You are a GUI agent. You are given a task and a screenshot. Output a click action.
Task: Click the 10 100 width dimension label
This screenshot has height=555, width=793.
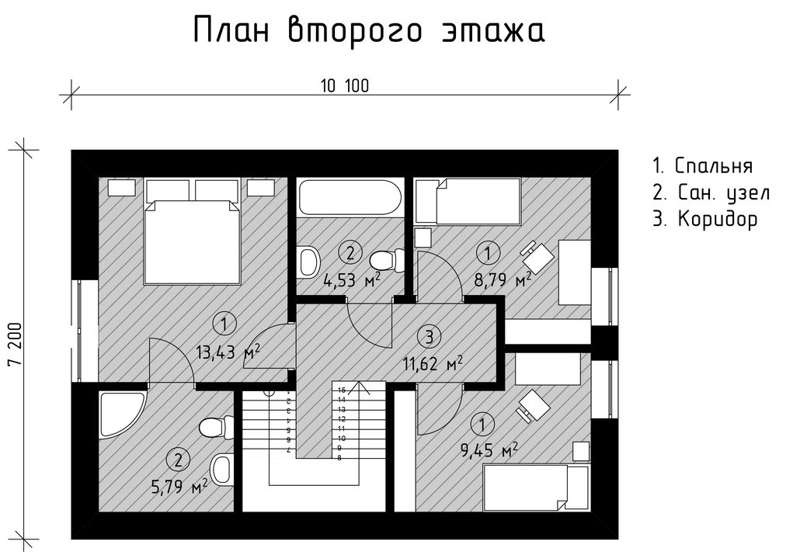(x=345, y=86)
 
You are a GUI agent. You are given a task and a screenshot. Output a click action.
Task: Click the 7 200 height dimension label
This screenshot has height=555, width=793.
(x=16, y=344)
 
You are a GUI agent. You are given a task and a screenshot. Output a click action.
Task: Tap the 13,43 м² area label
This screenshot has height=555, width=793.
(x=228, y=352)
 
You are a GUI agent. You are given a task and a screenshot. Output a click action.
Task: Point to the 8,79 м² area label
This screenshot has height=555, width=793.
(x=503, y=279)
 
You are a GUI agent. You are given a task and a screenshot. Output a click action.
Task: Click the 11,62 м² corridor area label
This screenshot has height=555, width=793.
(x=433, y=363)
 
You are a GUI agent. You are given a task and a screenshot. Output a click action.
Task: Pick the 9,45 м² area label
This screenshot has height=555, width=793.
(x=489, y=449)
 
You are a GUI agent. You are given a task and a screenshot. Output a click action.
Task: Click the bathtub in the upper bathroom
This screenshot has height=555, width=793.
(x=350, y=197)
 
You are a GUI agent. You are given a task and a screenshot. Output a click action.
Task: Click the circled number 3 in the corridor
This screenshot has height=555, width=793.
(x=430, y=337)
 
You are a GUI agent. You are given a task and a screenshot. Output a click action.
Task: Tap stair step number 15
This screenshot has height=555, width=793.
(x=342, y=390)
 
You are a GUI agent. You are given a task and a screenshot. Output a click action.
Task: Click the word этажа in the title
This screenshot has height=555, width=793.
(x=494, y=30)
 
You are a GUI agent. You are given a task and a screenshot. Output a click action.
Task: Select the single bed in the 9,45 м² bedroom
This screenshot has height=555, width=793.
(x=537, y=487)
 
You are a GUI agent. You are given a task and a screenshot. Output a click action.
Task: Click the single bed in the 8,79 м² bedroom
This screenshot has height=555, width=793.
(x=468, y=201)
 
